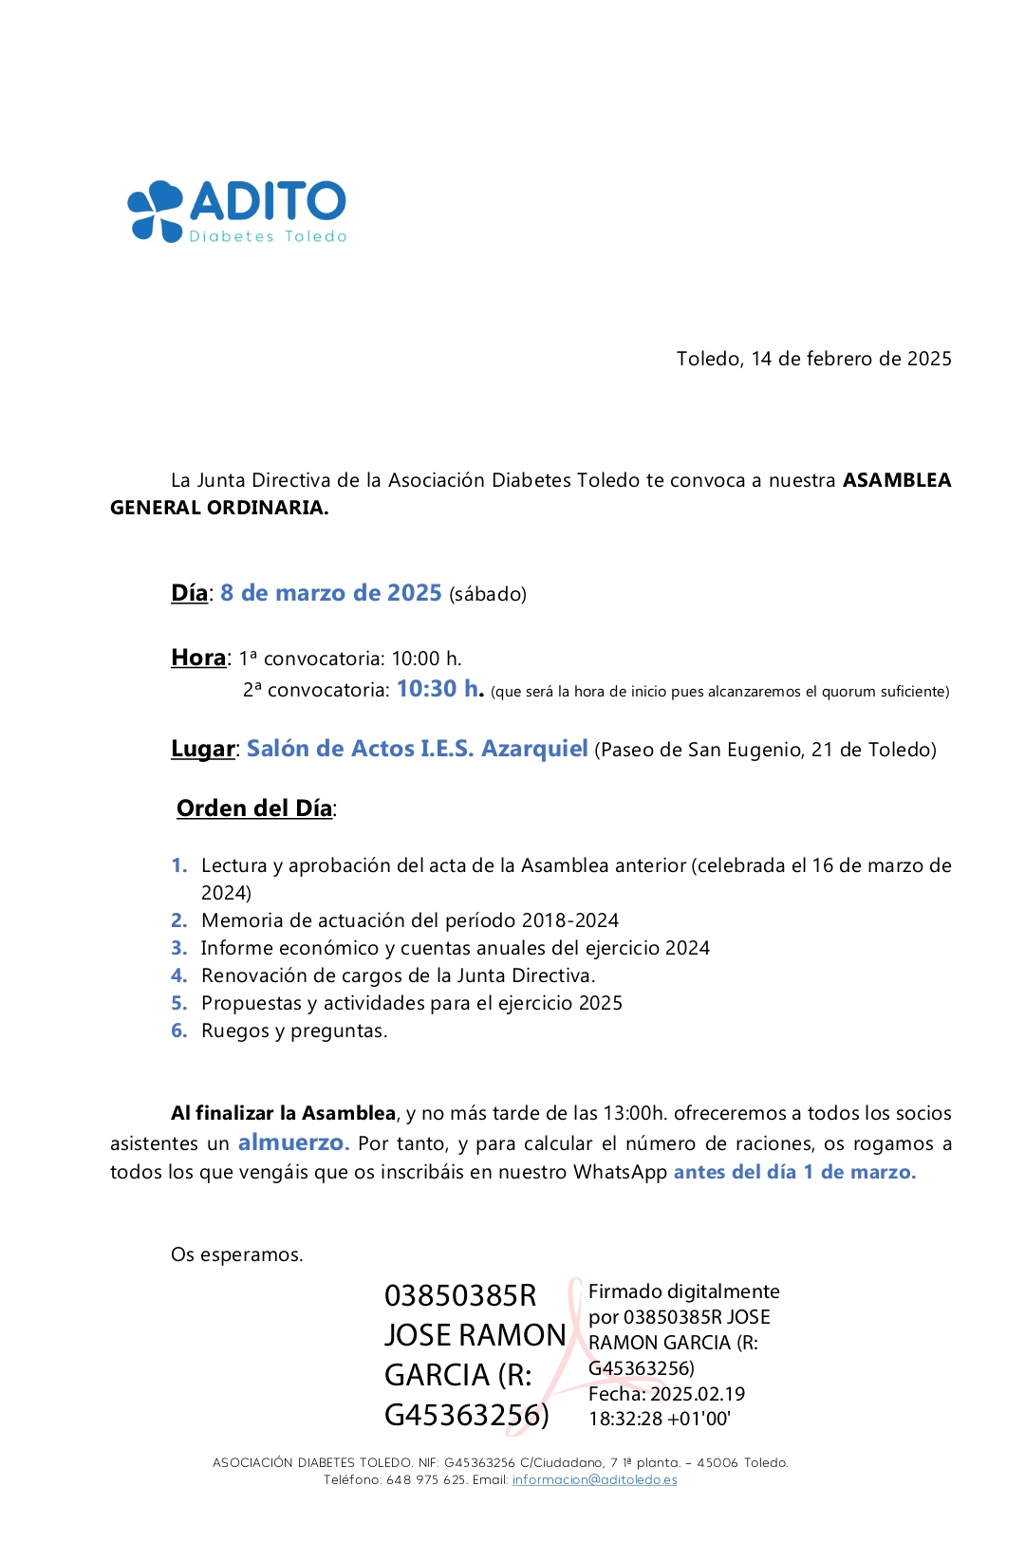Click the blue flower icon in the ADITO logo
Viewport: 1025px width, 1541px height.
pos(155,210)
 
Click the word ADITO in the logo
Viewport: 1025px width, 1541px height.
pos(269,201)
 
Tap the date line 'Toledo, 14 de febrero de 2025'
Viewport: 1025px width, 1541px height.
pos(813,359)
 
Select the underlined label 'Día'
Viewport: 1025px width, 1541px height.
pos(189,593)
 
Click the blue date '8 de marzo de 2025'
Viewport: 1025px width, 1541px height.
pos(330,593)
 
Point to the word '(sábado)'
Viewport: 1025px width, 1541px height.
pos(488,595)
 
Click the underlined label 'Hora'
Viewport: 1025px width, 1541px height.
pos(198,658)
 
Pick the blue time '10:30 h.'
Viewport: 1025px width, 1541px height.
pos(440,689)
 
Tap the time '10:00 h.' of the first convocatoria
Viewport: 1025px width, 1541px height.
pos(426,659)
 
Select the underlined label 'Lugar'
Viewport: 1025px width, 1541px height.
pos(202,749)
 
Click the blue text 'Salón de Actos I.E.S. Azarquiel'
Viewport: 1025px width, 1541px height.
pos(417,749)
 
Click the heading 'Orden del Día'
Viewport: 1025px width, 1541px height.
pos(254,808)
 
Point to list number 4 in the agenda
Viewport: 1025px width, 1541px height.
pos(178,975)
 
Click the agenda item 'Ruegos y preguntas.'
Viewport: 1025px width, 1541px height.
pos(294,1030)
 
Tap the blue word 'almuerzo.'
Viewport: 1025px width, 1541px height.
pos(293,1142)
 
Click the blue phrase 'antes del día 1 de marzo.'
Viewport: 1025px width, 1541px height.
pos(794,1172)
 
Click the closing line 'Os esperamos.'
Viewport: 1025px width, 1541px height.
pos(236,1254)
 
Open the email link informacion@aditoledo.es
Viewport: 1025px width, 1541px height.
pos(594,1479)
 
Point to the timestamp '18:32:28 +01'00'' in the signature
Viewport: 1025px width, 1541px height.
pos(659,1419)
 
